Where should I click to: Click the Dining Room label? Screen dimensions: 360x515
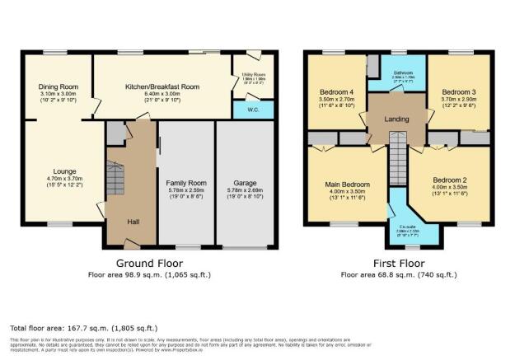pos(57,86)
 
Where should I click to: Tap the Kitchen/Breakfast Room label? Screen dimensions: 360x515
pos(162,86)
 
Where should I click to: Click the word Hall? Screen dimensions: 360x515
pos(133,222)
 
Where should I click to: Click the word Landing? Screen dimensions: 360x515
pos(398,117)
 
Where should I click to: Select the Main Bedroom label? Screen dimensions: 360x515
pos(348,185)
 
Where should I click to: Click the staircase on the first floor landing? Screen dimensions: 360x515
pos(398,153)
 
